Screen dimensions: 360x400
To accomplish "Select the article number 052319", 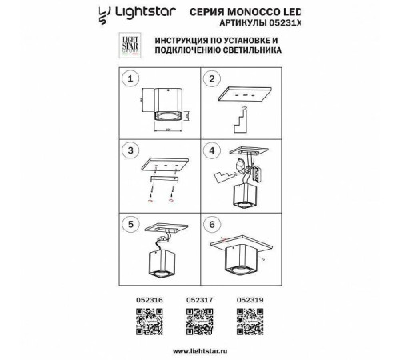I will coord(251,302).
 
